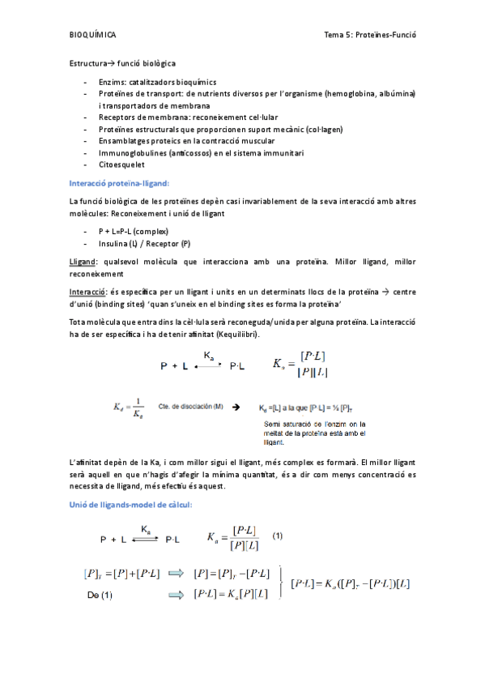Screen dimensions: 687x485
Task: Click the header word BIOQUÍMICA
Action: (x=93, y=35)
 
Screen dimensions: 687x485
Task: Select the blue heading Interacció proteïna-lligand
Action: (x=119, y=183)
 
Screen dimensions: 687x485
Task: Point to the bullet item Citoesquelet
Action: (x=121, y=164)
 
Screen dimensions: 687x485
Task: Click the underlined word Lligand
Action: (x=83, y=261)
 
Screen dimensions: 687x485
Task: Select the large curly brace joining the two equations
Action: (x=280, y=582)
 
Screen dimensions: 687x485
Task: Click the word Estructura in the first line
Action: (x=88, y=63)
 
